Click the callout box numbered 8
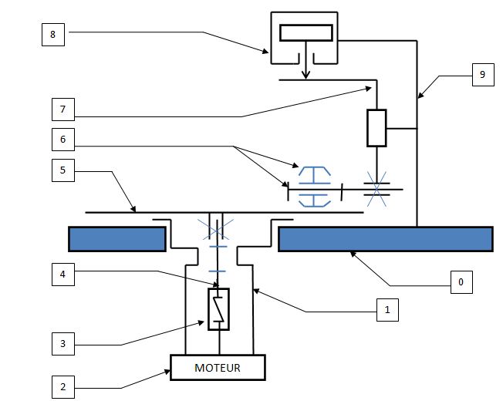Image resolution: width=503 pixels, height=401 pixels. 53,35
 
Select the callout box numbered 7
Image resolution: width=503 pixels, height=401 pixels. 63,110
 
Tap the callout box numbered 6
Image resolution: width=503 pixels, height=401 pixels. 63,139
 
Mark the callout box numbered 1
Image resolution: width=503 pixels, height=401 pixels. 386,311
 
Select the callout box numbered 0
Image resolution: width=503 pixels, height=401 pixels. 461,282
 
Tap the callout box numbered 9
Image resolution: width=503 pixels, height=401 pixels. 482,76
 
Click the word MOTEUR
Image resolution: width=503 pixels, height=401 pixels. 217,368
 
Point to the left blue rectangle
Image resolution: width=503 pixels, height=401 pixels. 117,239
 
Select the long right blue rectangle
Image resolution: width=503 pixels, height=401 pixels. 385,239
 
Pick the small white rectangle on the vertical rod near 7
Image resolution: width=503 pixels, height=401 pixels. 376,128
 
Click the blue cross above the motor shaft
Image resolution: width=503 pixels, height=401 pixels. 216,228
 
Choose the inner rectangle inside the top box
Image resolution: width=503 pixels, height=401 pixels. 306,32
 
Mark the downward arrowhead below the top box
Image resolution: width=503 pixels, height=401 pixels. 306,75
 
